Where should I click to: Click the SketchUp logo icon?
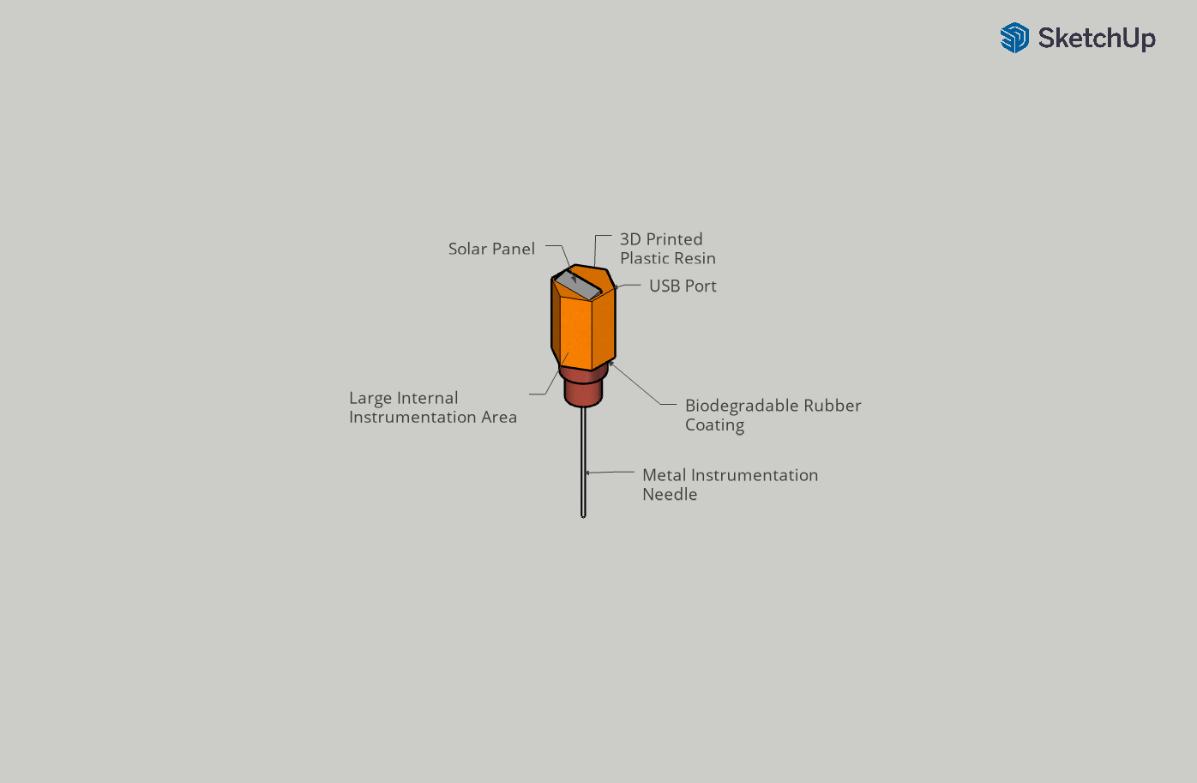pyautogui.click(x=1014, y=38)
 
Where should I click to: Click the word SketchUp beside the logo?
pyautogui.click(x=1097, y=38)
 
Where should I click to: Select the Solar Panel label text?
pyautogui.click(x=491, y=249)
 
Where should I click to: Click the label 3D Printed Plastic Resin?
pyautogui.click(x=667, y=249)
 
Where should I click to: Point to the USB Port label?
pyautogui.click(x=683, y=286)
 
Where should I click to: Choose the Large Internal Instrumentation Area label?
pyautogui.click(x=433, y=407)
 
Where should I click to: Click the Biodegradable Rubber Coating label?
pyautogui.click(x=773, y=415)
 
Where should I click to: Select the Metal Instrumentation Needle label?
pyautogui.click(x=730, y=485)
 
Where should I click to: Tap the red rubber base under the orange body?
pyautogui.click(x=583, y=388)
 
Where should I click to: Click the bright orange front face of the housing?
pyautogui.click(x=575, y=330)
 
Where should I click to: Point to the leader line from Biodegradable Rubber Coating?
pyautogui.click(x=639, y=386)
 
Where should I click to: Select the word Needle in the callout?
pyautogui.click(x=670, y=495)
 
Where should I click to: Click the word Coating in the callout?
pyautogui.click(x=714, y=425)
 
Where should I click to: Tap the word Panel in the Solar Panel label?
pyautogui.click(x=514, y=249)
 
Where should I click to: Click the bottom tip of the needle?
pyautogui.click(x=583, y=515)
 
